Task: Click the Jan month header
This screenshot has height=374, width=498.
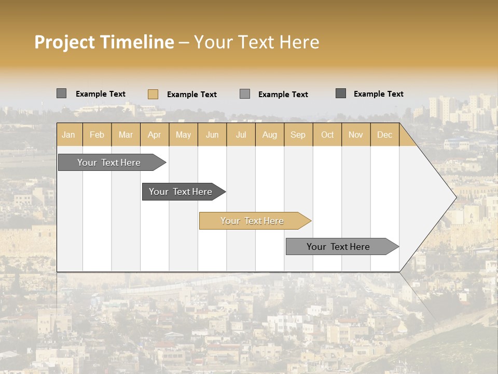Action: pyautogui.click(x=69, y=135)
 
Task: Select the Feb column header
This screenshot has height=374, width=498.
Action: pyautogui.click(x=97, y=135)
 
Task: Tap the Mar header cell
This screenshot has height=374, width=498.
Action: pyautogui.click(x=126, y=135)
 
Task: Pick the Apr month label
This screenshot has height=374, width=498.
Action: pyautogui.click(x=155, y=135)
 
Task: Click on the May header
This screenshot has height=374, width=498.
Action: pyautogui.click(x=183, y=135)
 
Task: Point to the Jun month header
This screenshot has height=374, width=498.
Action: pyautogui.click(x=212, y=135)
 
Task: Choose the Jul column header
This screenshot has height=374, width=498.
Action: pyautogui.click(x=241, y=135)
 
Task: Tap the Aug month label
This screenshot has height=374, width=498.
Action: pyautogui.click(x=270, y=135)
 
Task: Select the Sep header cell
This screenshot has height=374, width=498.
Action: pyautogui.click(x=298, y=135)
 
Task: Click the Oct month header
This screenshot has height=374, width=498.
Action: pyautogui.click(x=327, y=135)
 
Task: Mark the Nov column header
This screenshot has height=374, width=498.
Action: pyautogui.click(x=356, y=135)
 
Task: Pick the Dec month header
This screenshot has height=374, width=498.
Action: pyautogui.click(x=385, y=135)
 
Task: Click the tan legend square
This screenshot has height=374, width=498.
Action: pyautogui.click(x=153, y=94)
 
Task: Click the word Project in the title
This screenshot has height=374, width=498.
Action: pyautogui.click(x=65, y=42)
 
